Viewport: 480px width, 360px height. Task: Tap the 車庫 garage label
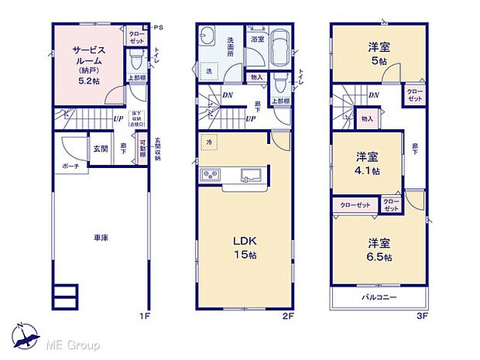101,238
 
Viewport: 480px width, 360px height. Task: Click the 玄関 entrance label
101,149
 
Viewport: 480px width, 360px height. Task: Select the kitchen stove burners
211,175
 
